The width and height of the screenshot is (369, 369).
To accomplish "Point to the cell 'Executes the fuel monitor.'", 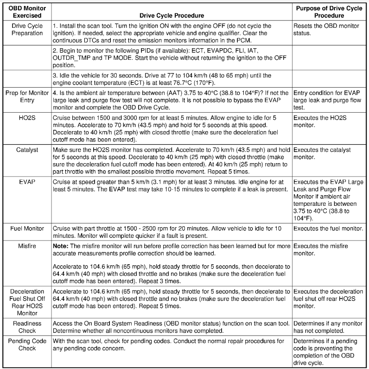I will coord(328,229).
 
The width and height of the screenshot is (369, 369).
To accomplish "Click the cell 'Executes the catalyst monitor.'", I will coord(322,153).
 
